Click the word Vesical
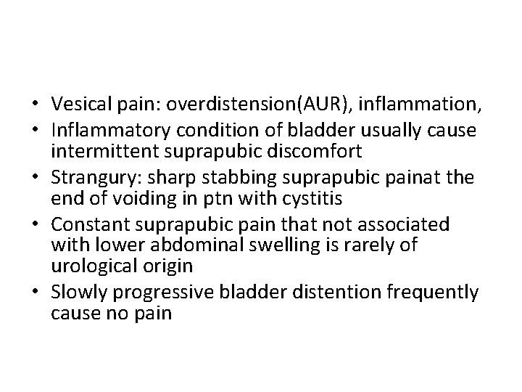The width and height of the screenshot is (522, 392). [x=78, y=105]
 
